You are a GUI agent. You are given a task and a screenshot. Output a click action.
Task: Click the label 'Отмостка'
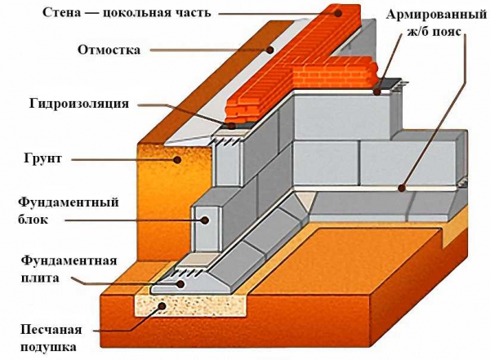click(x=109, y=50)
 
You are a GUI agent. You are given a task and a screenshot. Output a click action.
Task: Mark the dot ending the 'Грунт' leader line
click(x=176, y=160)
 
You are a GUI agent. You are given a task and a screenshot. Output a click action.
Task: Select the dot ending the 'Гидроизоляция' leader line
click(x=233, y=127)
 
